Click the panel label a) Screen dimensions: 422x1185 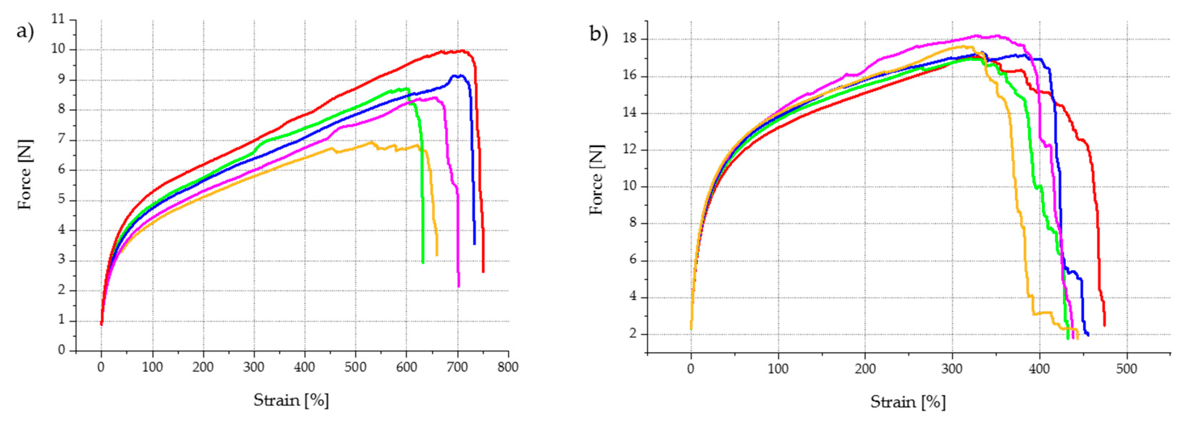pos(25,32)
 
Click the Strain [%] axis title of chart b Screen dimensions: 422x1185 pos(908,402)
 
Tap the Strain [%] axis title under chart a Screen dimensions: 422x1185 pos(291,400)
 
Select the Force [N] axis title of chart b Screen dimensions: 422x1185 pos(596,179)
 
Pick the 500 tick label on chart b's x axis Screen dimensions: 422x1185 pos(1127,369)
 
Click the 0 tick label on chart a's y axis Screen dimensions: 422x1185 pos(62,351)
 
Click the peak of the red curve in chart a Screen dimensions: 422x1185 pos(462,51)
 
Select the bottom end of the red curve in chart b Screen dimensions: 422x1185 pos(1104,325)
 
